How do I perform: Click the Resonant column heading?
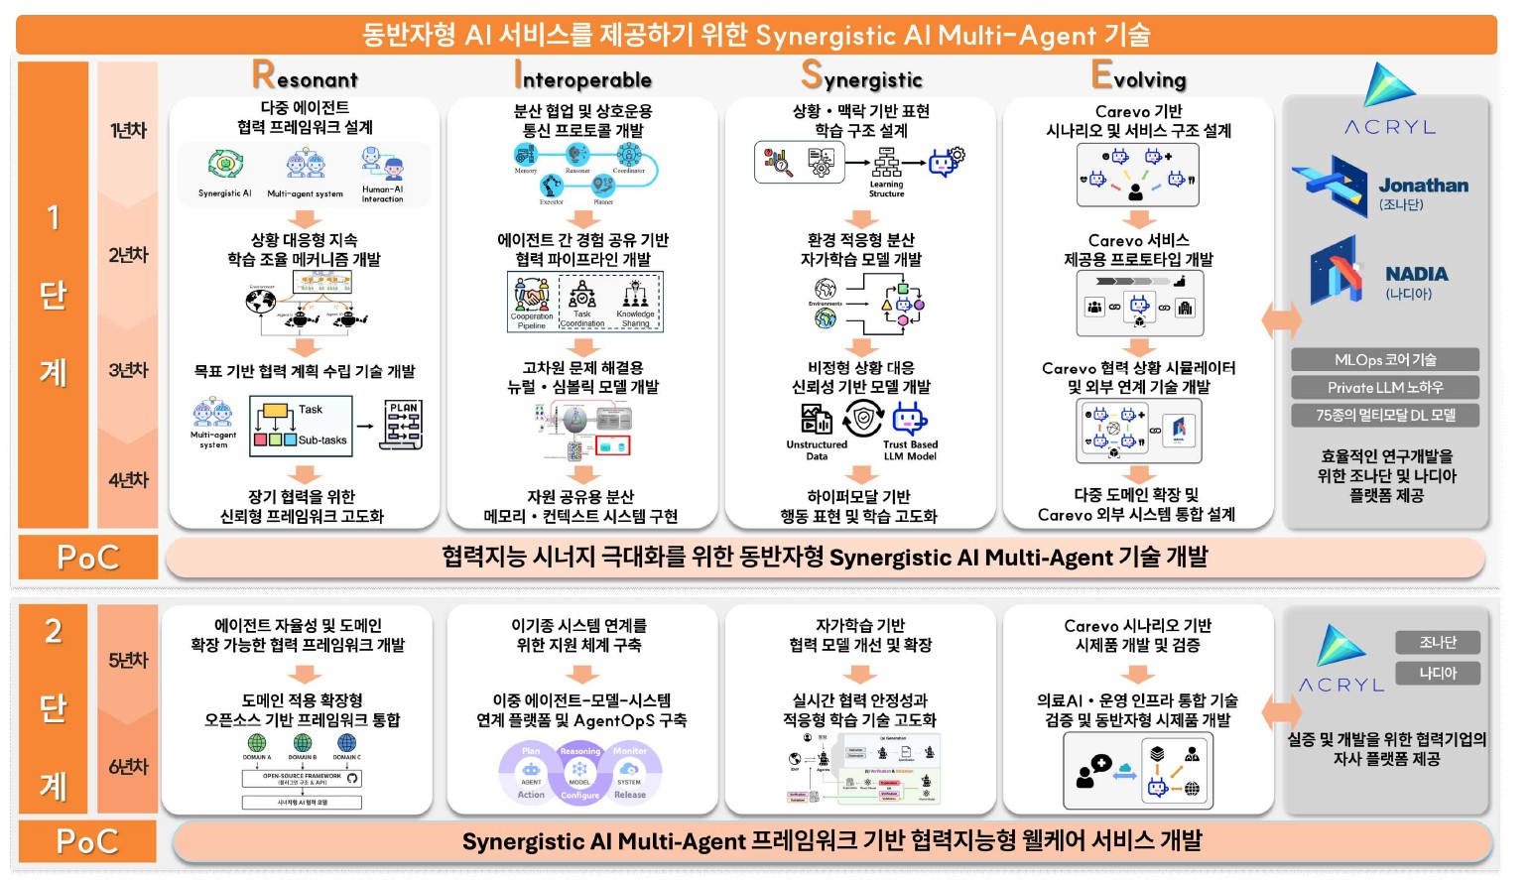[305, 76]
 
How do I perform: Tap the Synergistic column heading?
[861, 76]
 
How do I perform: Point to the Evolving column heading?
[1138, 76]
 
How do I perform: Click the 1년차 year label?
[128, 130]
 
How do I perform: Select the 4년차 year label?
[128, 480]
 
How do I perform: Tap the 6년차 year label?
[128, 767]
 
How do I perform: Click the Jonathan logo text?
[1423, 186]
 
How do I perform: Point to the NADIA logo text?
[1416, 274]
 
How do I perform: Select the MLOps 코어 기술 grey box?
[1385, 359]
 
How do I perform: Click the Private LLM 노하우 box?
[1385, 387]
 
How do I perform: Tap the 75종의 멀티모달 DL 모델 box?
[1385, 415]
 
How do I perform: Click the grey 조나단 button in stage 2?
[1437, 642]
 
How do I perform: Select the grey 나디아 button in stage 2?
[1437, 673]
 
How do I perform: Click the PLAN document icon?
[403, 426]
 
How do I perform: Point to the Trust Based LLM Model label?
[910, 450]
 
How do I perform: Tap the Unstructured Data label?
[817, 450]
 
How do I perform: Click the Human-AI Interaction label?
[382, 193]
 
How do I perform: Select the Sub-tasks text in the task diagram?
[322, 440]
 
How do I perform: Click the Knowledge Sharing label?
[635, 318]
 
